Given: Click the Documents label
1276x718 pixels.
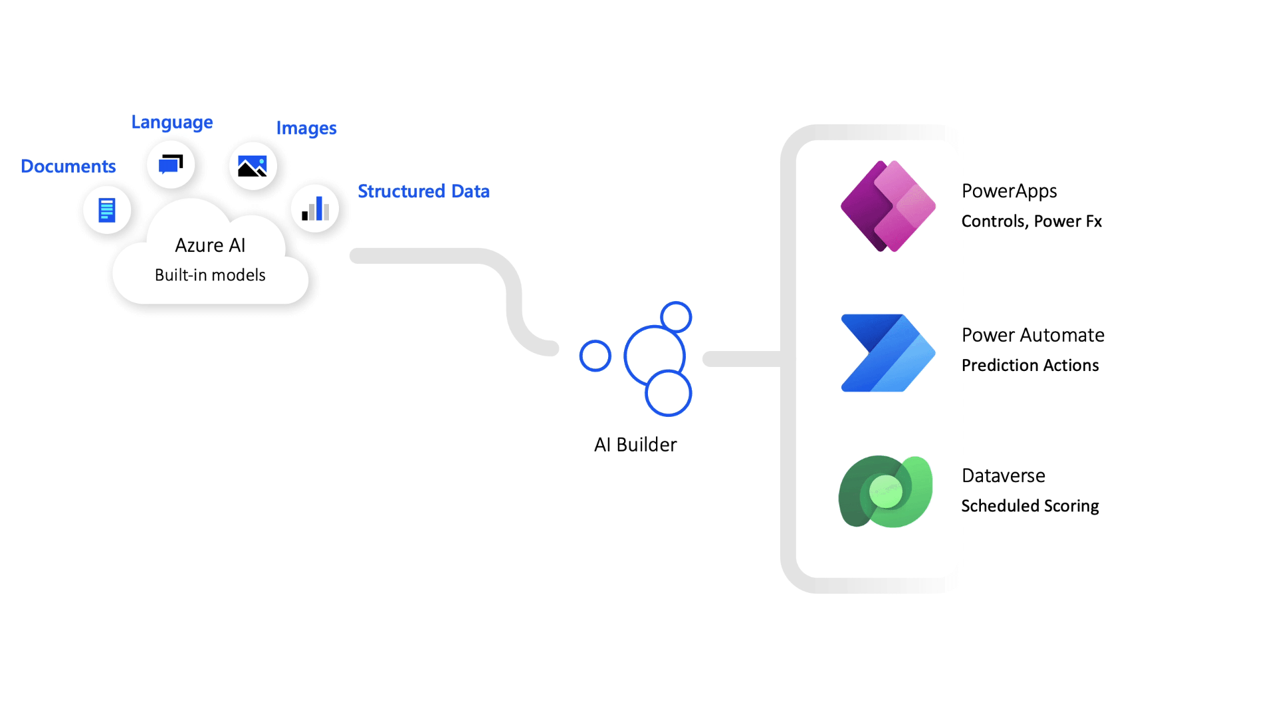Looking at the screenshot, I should [x=68, y=166].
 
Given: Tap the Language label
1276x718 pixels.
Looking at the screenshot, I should [x=171, y=122].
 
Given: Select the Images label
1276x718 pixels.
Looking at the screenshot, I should [x=306, y=128].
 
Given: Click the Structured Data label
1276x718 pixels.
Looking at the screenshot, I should [x=423, y=191].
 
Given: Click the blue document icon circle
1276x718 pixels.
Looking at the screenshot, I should [x=107, y=210].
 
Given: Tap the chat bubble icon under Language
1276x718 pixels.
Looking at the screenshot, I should [x=171, y=164].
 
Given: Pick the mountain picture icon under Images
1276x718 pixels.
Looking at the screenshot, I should [x=253, y=166].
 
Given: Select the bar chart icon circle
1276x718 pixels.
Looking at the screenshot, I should [x=315, y=209].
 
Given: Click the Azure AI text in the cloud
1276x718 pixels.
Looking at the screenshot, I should [x=210, y=245].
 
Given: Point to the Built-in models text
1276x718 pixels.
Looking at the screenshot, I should [x=210, y=275].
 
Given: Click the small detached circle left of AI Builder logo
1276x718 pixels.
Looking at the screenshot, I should [x=595, y=356].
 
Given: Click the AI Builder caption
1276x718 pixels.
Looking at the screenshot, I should [x=635, y=445].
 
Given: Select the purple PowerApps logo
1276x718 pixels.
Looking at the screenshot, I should [x=888, y=206].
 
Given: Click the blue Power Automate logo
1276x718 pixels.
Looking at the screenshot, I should [x=888, y=353].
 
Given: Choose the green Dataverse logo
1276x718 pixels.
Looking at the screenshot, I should [x=886, y=492].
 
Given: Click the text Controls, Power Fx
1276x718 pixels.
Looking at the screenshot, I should [x=1031, y=221].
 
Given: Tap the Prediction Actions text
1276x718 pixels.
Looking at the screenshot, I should [x=1030, y=366].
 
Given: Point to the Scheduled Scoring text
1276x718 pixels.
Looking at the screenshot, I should [x=1030, y=506].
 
